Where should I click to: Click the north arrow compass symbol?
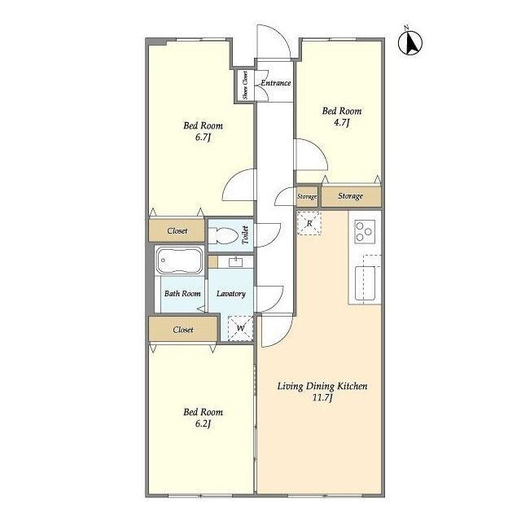[410, 42]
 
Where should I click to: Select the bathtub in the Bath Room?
[179, 260]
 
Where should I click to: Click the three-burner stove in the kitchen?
[365, 231]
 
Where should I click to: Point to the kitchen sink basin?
[365, 283]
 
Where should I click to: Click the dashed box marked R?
[309, 223]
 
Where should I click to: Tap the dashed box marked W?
[241, 328]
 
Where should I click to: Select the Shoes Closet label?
[245, 85]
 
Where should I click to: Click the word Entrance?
[276, 83]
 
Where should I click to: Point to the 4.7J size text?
[342, 123]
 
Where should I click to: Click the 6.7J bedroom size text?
[203, 138]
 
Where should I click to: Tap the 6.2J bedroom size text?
[203, 424]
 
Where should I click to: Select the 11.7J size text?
[322, 398]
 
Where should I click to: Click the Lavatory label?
[231, 294]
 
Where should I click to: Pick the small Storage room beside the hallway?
[307, 196]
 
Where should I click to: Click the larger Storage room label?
[350, 196]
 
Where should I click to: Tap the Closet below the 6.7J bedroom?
[177, 230]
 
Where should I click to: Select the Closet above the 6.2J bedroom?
[182, 329]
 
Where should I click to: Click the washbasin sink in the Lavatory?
[235, 262]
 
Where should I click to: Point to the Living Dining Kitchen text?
[322, 386]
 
